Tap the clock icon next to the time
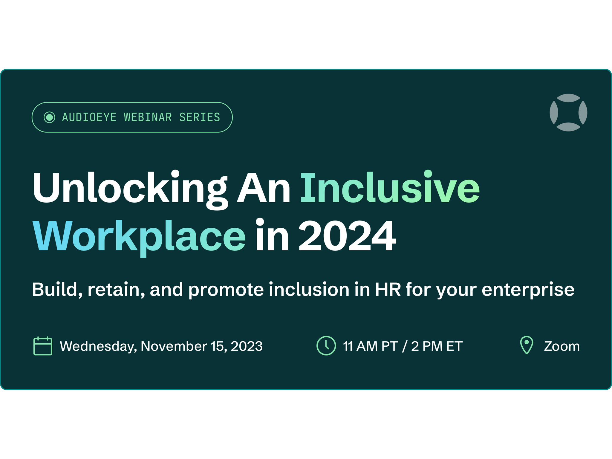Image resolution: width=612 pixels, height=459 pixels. (x=326, y=346)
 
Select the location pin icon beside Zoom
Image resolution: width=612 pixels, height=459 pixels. (x=527, y=345)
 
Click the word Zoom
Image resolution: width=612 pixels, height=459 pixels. (x=562, y=346)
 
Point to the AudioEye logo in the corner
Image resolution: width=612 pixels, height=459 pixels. (x=568, y=112)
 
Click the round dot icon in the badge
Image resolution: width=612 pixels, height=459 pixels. (x=49, y=117)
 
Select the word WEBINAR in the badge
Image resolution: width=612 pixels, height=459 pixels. (x=148, y=117)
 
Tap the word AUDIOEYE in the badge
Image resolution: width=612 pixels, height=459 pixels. (x=89, y=117)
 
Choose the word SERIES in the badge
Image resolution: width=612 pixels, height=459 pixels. (x=200, y=117)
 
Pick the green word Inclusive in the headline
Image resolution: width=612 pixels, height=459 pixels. (x=390, y=187)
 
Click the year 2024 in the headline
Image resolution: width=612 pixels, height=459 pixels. (x=347, y=236)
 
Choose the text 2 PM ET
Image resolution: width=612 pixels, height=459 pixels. (x=437, y=346)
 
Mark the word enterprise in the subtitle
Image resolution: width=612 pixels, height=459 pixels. (x=528, y=290)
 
